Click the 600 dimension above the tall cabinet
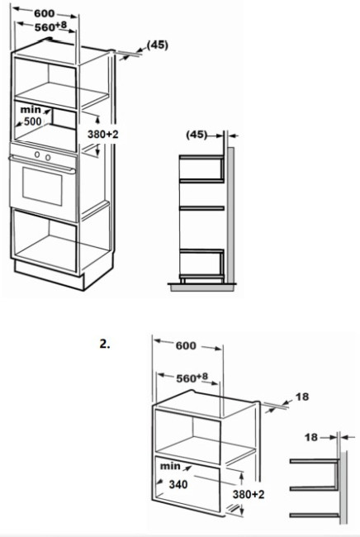44,13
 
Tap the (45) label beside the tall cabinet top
158,45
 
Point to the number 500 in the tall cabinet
32,121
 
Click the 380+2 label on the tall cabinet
102,134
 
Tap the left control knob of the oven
37,154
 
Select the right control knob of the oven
48,157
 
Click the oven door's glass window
42,187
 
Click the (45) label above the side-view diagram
197,135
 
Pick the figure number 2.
105,344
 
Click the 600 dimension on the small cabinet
186,345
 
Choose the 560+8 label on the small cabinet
192,378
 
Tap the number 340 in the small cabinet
178,484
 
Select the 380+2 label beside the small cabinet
249,494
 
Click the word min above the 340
170,466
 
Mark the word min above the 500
31,110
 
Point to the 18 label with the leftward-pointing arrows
311,437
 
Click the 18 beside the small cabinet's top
302,397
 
